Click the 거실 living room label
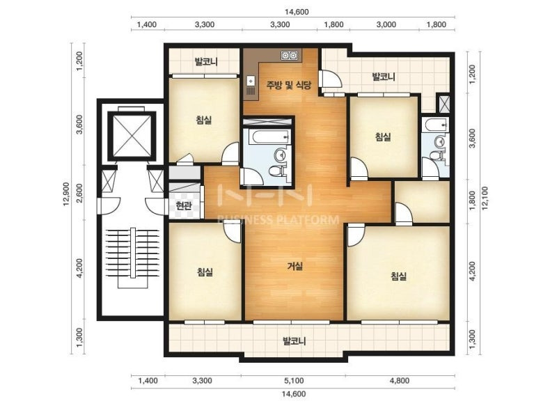click(295, 266)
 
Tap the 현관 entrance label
click(184, 205)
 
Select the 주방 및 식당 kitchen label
click(289, 85)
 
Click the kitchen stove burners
click(289, 55)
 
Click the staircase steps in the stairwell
click(132, 253)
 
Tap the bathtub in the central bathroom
click(267, 136)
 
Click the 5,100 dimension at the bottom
click(294, 381)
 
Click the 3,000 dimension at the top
click(386, 24)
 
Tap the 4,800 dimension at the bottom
click(400, 381)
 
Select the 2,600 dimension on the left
click(79, 193)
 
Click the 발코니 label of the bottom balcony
click(294, 342)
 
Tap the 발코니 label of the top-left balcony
click(206, 62)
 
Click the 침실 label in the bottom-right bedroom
click(398, 276)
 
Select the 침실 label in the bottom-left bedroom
click(205, 272)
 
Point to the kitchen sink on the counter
click(251, 81)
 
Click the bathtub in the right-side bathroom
click(434, 125)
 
